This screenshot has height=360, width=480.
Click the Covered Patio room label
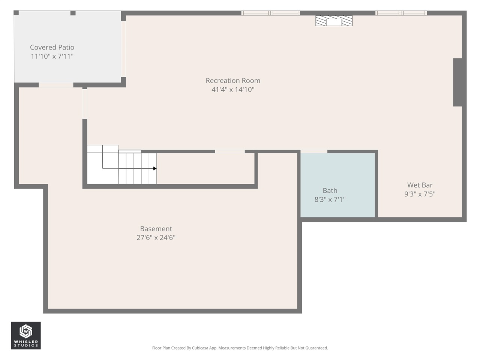tap(52, 47)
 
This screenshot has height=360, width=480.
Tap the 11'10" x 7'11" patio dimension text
tap(52, 56)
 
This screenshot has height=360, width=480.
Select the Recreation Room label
tap(233, 81)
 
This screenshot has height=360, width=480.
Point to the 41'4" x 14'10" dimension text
tap(233, 90)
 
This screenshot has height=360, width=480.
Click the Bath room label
tap(330, 190)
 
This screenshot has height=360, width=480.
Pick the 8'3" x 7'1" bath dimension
tap(330, 199)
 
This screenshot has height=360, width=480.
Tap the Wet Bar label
tap(420, 185)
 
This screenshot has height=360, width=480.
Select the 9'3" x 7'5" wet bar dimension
tap(420, 194)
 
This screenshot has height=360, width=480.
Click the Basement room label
tap(156, 229)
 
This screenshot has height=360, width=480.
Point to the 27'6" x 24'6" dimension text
tap(156, 237)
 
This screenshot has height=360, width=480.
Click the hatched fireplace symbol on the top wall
tap(334, 21)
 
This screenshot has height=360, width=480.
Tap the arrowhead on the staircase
tap(155, 169)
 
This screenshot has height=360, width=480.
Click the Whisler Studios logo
tap(25, 335)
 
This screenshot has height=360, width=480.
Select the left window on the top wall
tap(270, 13)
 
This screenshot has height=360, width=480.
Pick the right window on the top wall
tap(401, 13)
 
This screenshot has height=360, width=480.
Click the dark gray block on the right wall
tap(457, 82)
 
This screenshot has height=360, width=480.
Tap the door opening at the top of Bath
tap(314, 151)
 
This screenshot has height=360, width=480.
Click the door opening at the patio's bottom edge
tap(56, 85)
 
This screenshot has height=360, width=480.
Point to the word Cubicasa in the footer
tap(201, 348)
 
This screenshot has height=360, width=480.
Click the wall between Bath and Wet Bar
tap(376, 184)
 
